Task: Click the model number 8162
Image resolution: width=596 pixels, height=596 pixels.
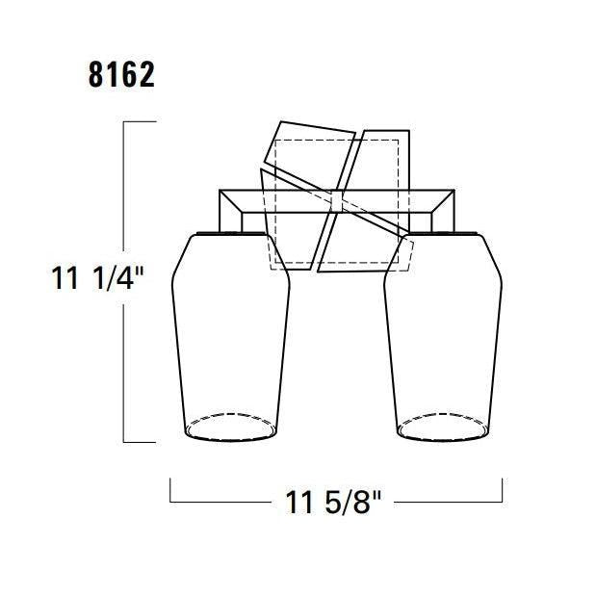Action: pyautogui.click(x=121, y=75)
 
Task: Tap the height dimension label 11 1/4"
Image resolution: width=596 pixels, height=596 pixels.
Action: pyautogui.click(x=97, y=278)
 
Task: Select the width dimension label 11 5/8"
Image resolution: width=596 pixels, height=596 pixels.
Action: pyautogui.click(x=333, y=502)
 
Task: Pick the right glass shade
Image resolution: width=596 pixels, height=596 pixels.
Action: pyautogui.click(x=443, y=337)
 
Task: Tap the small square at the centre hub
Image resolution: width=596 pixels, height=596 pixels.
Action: pyautogui.click(x=337, y=201)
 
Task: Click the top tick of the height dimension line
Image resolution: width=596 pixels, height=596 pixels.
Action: pyautogui.click(x=140, y=121)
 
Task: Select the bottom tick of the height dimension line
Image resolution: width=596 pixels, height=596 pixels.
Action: pyautogui.click(x=140, y=442)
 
